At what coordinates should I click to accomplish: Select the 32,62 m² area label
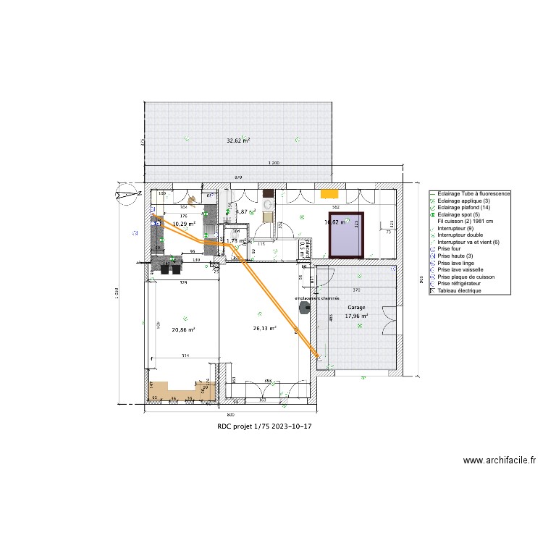(238, 140)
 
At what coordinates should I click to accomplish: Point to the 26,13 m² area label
(264, 328)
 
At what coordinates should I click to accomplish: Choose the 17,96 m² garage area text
(356, 316)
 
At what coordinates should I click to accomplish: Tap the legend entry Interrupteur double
(461, 235)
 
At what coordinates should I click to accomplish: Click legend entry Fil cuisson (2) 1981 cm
(466, 222)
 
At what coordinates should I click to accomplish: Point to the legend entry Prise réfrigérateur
(463, 284)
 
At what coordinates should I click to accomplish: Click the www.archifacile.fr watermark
(500, 460)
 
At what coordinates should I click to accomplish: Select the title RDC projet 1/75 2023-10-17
(265, 426)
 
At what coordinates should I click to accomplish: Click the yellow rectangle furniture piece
(330, 193)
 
